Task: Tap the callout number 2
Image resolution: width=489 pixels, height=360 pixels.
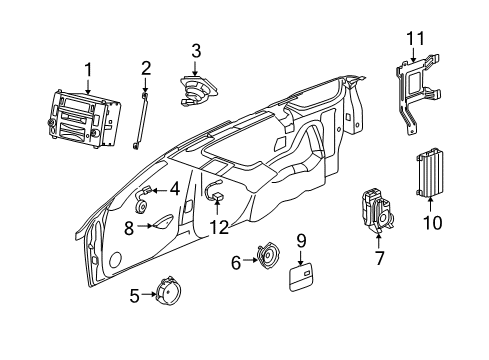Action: (x=145, y=69)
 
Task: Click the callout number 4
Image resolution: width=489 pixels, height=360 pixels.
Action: (x=174, y=187)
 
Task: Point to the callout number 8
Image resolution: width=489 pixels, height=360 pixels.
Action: (x=128, y=227)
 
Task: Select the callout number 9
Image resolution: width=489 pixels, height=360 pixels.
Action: (x=300, y=240)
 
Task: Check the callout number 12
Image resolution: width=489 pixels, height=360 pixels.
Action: (x=219, y=227)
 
